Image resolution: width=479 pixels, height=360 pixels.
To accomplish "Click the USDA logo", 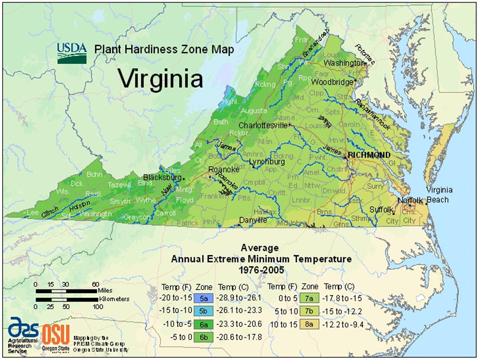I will tap(72, 52).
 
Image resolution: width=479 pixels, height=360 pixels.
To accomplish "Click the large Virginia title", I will tap(161, 78).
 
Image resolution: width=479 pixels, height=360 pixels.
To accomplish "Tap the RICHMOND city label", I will tap(369, 155).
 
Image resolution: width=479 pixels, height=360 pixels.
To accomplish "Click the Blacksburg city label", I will tap(162, 177).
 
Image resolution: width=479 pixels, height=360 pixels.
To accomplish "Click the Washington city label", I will tap(343, 63).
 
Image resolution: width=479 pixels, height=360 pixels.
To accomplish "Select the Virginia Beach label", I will tap(439, 195).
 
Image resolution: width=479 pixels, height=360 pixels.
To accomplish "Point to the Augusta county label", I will tap(254, 111).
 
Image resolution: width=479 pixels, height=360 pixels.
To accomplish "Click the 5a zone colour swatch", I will tap(203, 296).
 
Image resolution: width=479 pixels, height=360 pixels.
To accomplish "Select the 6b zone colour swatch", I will tap(203, 336).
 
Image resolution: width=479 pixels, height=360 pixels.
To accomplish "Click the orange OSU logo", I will tap(56, 335).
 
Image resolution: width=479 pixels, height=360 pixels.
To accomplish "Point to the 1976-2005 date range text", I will tap(260, 269).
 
